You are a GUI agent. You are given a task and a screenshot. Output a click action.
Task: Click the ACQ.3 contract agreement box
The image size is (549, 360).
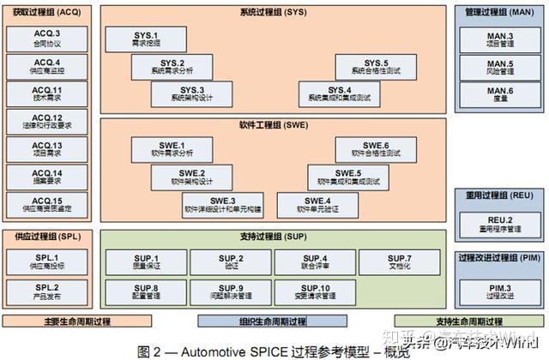pos(47,39)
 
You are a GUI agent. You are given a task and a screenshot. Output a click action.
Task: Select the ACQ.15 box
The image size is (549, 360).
pos(47,204)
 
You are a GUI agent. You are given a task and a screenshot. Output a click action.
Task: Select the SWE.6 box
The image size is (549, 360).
pos(376,149)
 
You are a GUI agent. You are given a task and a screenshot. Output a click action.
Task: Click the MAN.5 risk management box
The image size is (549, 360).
pos(499,67)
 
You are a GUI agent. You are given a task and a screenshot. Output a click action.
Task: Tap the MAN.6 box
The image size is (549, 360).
pos(499,94)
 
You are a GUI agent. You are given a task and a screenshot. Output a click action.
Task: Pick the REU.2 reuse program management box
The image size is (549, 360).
pos(499,224)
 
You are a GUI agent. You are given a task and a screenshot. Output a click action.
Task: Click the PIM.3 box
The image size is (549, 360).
pos(499,291)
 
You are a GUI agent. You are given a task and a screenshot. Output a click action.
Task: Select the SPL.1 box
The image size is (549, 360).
pos(47,261)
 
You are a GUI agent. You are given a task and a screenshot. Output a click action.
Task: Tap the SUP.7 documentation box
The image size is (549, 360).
pos(399,261)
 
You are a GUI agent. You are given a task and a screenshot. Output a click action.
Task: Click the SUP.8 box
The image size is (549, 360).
pos(145,291)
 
